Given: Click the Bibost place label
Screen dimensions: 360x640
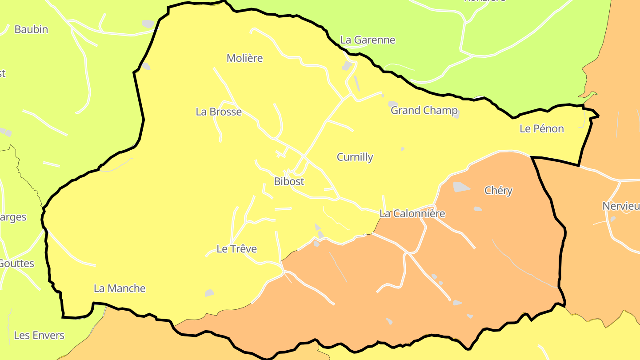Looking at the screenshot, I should [289, 181].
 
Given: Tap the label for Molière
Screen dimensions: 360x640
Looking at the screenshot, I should [244, 58].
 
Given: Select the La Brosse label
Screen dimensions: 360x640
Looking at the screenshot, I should [219, 112].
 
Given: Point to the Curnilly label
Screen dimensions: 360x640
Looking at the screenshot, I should [355, 157].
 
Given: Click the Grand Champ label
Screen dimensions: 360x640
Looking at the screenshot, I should [424, 110].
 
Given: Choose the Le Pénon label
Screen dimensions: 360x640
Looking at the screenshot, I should [541, 129].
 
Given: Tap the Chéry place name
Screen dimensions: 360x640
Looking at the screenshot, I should [498, 191].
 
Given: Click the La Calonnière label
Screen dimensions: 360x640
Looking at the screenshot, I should [412, 214].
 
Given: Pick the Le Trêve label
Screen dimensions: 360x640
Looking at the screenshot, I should [236, 249].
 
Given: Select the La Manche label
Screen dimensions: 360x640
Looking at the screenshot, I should [120, 288].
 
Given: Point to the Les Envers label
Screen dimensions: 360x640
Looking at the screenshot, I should [39, 335].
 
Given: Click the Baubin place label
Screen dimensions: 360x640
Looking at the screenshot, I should [31, 29].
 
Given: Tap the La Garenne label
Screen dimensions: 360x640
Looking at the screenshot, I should [368, 40].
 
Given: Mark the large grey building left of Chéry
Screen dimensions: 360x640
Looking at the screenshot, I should [461, 187].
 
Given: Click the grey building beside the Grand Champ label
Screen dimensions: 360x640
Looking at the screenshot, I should [393, 104].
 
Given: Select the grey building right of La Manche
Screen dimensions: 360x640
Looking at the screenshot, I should [209, 293].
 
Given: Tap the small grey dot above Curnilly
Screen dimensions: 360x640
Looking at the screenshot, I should [402, 149].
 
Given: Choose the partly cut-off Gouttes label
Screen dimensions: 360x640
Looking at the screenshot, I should [17, 264].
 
